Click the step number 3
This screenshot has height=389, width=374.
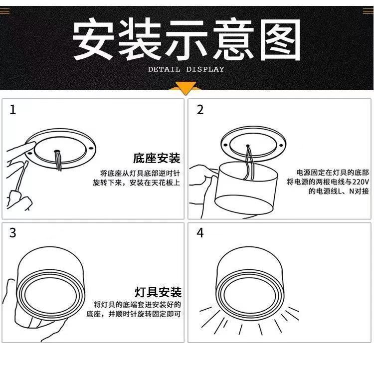[13, 233]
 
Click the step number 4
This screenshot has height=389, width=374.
[200, 233]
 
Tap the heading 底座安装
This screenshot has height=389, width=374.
[157, 159]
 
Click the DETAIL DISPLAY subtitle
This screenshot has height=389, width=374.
[186, 69]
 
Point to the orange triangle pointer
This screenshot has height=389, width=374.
[187, 90]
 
